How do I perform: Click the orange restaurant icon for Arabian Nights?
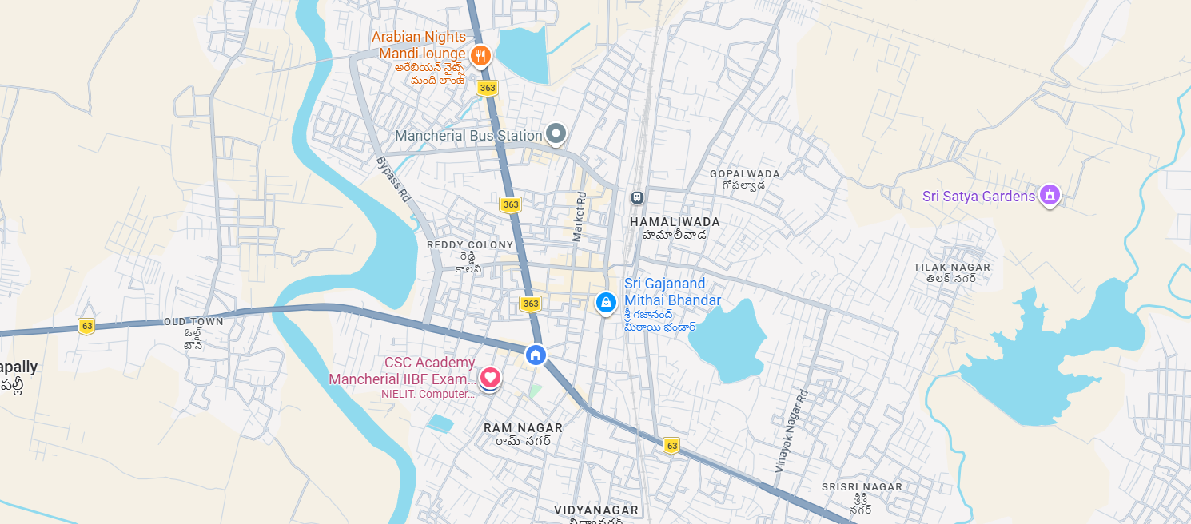tap(480, 55)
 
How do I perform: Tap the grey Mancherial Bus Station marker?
tap(556, 133)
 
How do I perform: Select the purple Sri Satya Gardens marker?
tap(1050, 194)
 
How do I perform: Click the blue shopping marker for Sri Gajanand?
tap(606, 302)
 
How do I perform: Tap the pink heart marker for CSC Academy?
tap(490, 376)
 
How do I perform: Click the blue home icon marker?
tap(536, 355)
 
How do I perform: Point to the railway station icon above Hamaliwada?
tap(637, 196)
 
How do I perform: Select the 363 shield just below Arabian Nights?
tap(487, 88)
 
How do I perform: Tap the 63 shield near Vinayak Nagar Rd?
tap(671, 446)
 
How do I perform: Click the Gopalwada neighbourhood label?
tap(744, 173)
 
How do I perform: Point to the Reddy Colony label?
tap(470, 244)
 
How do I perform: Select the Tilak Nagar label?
tap(952, 268)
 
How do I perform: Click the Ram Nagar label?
tap(523, 428)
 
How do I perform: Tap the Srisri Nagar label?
tap(862, 486)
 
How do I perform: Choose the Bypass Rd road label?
tap(392, 179)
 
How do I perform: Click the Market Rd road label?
tap(579, 216)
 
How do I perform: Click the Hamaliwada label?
tap(675, 221)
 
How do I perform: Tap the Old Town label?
tap(193, 321)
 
